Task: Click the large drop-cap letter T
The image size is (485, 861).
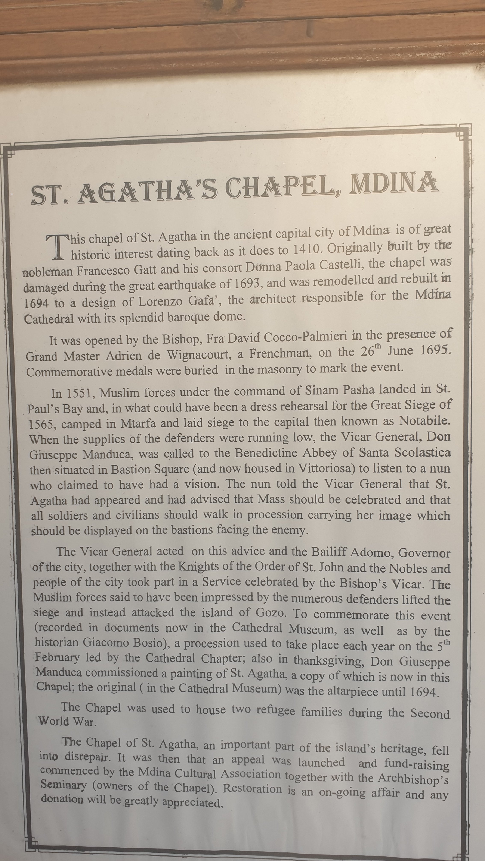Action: pyautogui.click(x=59, y=247)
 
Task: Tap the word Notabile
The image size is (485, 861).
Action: pyautogui.click(x=424, y=420)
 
